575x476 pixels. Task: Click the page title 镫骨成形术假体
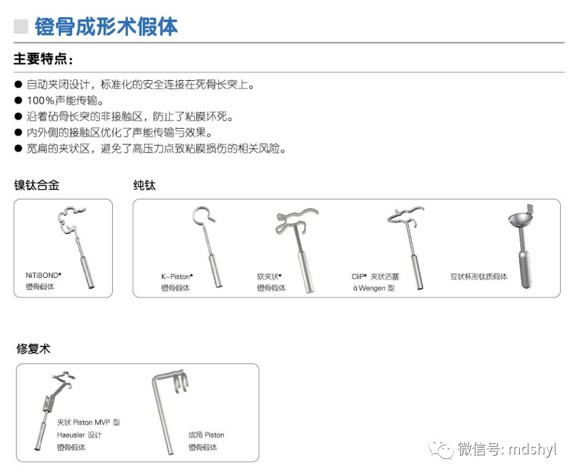click(106, 26)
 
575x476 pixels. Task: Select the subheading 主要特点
click(43, 59)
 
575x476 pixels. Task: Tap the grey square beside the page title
click(21, 26)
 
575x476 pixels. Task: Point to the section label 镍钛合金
click(37, 185)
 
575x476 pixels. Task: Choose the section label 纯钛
click(144, 185)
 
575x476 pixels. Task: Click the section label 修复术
click(33, 349)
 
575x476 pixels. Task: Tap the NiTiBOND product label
click(43, 274)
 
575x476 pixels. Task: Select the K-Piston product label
click(176, 276)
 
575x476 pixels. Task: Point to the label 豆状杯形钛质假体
click(478, 277)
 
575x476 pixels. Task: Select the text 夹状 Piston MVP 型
click(88, 422)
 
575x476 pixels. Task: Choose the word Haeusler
click(71, 435)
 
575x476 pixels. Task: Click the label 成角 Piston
click(206, 435)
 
